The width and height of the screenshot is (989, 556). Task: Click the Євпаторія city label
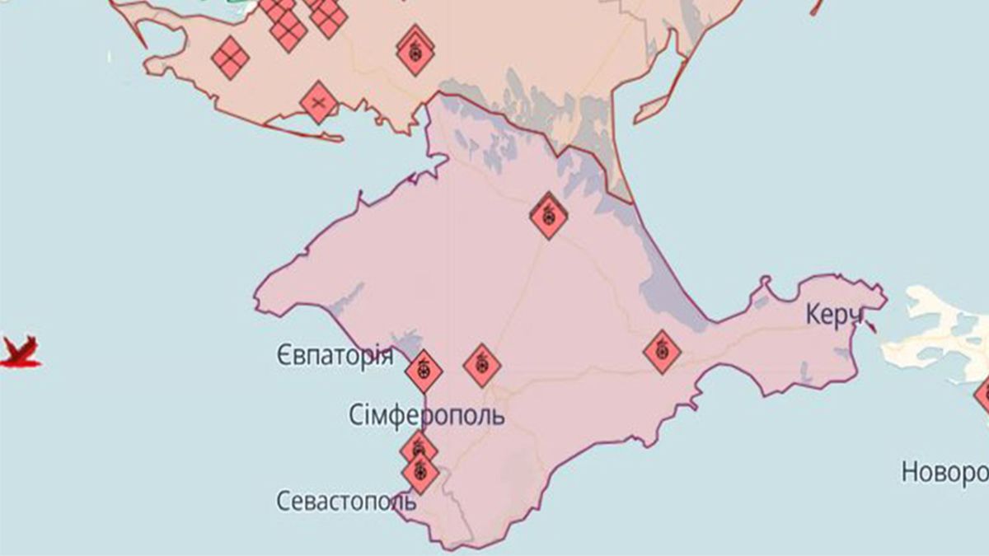(x=333, y=357)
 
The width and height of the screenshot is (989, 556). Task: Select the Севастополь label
(x=341, y=501)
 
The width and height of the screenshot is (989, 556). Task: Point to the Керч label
(x=834, y=315)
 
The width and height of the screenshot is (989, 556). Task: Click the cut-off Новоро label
(x=944, y=473)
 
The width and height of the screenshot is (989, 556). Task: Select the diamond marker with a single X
(x=319, y=103)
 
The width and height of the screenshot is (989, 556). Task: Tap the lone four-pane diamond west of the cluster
(x=230, y=58)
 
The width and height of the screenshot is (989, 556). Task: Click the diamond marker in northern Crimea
(x=548, y=216)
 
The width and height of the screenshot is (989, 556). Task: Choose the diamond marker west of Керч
(x=662, y=352)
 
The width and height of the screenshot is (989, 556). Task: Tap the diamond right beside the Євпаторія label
(x=424, y=371)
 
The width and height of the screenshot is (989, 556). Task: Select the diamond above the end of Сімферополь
(x=482, y=365)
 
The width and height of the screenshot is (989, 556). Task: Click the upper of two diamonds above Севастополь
(x=419, y=449)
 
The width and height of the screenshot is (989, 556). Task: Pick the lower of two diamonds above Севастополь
(x=420, y=472)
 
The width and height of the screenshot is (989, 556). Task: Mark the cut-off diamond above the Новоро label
(x=983, y=394)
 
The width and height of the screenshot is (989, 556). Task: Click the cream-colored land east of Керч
(x=931, y=329)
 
